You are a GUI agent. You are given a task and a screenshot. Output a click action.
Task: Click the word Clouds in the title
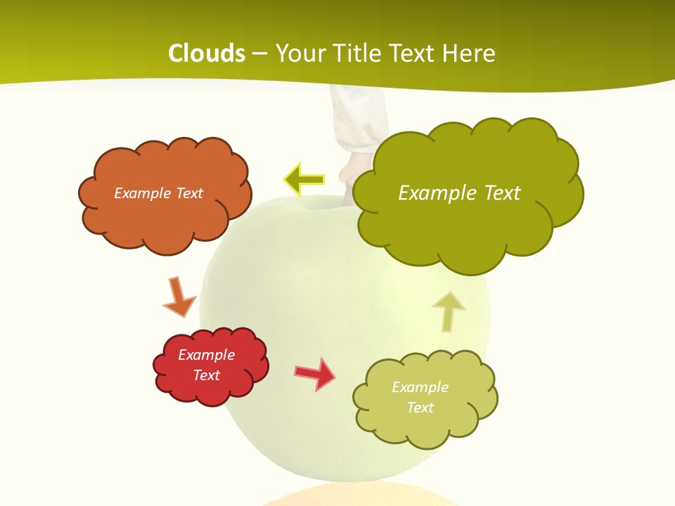coord(207,53)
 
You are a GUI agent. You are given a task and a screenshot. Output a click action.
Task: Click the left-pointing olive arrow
coord(304,181)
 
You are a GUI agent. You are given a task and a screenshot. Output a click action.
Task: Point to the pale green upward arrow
coord(449,311)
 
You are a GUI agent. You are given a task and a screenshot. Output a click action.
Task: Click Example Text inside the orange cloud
coord(158,193)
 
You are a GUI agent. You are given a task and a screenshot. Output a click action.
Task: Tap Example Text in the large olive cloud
coord(459,193)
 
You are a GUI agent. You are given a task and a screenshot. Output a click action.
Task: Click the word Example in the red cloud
coord(206,355)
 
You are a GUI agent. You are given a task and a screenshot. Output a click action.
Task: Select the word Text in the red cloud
coord(206,375)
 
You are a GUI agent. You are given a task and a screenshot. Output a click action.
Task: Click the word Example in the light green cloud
coord(420,387)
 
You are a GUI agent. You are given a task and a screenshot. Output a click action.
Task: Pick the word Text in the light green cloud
coord(420,408)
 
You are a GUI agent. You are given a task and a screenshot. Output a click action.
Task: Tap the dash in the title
coord(259,53)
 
